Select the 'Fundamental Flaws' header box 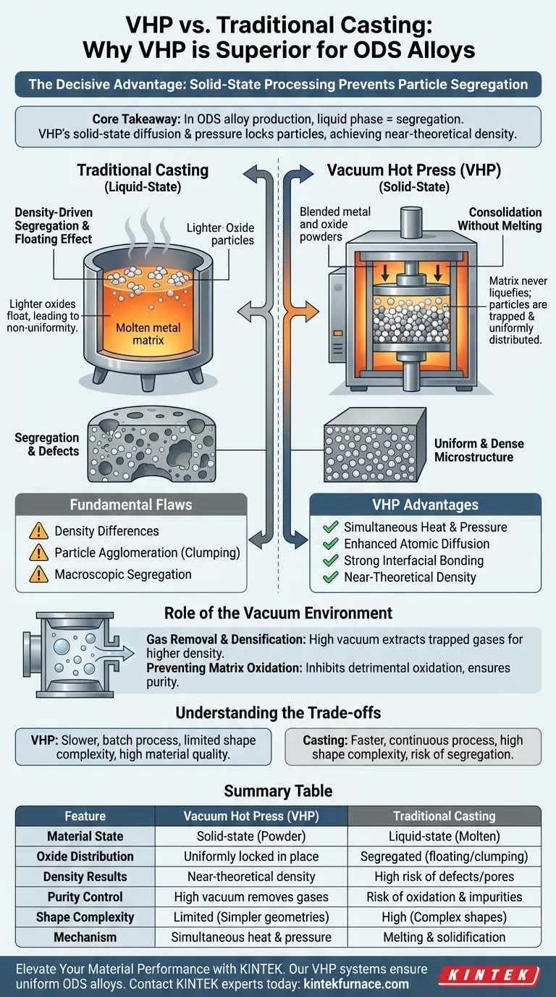[131, 505]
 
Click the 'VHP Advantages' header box [425, 505]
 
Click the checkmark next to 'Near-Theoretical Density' [331, 577]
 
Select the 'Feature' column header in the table [85, 816]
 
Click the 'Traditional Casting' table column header [444, 816]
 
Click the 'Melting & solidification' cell [444, 937]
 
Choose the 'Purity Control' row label [85, 896]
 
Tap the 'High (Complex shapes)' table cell [444, 917]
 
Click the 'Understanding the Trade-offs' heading [278, 713]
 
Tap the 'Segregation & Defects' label [47, 444]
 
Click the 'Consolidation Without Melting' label [500, 219]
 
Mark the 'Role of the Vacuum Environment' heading [278, 613]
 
